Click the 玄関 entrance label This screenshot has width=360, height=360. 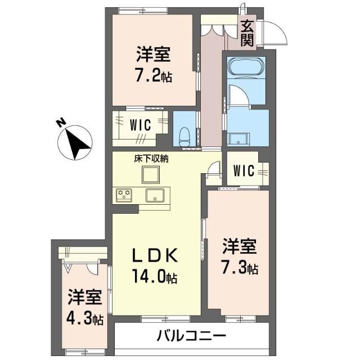[x=247, y=33]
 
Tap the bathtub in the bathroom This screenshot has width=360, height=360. [x=246, y=66]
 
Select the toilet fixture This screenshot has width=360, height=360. [x=184, y=137]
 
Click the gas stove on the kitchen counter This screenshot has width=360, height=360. [x=124, y=195]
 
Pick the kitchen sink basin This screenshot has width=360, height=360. [x=155, y=195]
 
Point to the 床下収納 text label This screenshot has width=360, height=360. [x=151, y=159]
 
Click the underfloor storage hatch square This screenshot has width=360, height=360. [x=151, y=175]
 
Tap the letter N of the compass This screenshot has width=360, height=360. [x=61, y=123]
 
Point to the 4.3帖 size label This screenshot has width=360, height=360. [x=85, y=319]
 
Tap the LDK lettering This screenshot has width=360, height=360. [x=155, y=255]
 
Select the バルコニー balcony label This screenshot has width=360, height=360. [x=191, y=336]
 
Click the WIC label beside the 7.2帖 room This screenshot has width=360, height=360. [x=140, y=125]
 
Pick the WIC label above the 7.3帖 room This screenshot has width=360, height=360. [x=244, y=170]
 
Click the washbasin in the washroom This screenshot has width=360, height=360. [x=238, y=139]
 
